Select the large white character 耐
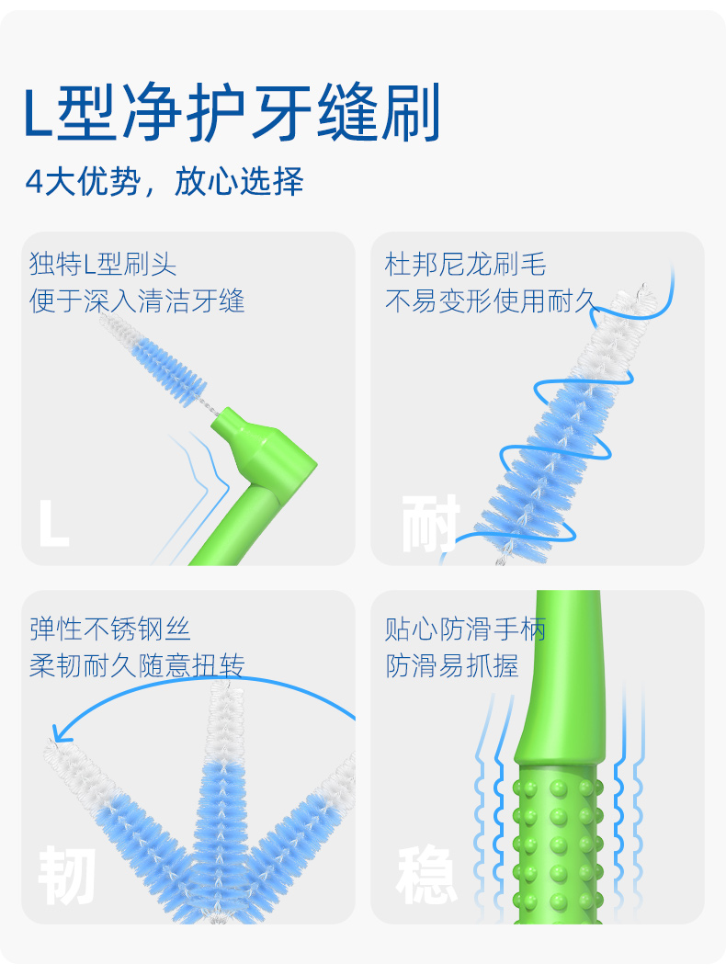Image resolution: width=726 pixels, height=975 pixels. [430, 524]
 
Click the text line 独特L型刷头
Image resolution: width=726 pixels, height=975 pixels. [103, 266]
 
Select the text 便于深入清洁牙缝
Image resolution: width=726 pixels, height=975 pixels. [137, 300]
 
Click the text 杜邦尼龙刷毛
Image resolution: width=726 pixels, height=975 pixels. [465, 266]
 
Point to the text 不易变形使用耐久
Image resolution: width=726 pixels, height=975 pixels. [492, 300]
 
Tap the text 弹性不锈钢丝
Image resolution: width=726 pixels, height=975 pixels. [110, 629]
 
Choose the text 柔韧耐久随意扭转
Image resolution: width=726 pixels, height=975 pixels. [137, 665]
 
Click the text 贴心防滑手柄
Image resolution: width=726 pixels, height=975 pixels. [465, 629]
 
